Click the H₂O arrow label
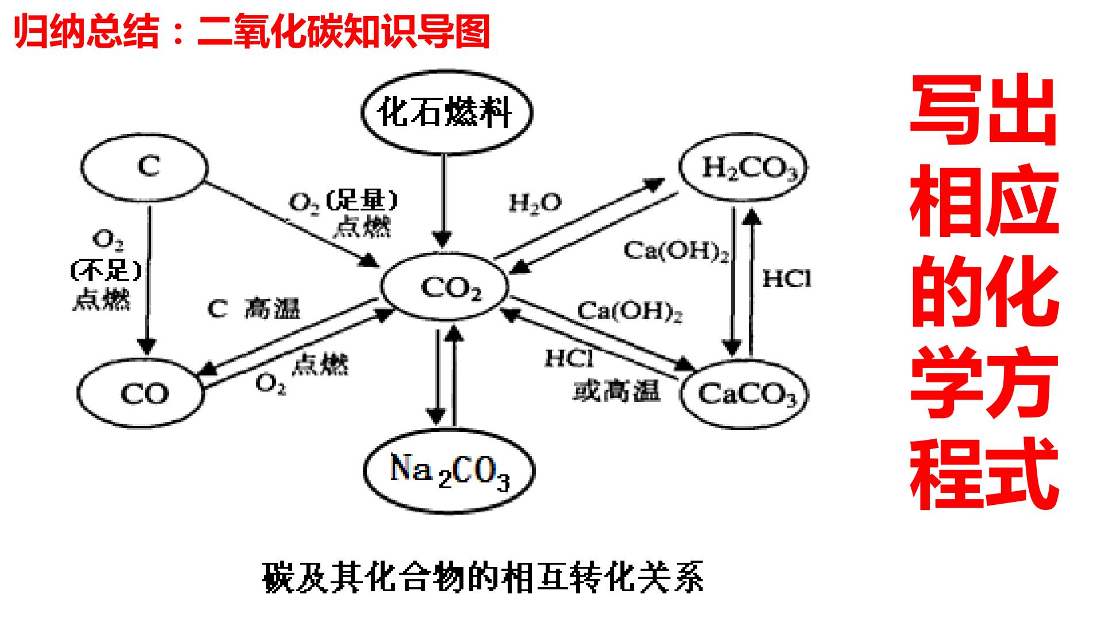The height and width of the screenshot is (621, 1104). pos(535,202)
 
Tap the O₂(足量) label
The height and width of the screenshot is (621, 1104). pos(343,202)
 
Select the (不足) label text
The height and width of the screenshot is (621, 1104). pos(106,270)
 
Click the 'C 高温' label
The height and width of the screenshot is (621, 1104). pos(254,309)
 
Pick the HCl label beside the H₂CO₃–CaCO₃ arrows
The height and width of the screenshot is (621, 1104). pos(787,279)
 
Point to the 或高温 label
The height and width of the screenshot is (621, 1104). pos(616,390)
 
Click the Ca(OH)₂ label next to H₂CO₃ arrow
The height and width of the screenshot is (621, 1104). pos(677,251)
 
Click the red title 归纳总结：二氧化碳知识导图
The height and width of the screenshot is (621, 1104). pos(252,31)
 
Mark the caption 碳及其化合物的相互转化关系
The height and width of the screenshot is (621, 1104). pos(483,576)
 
